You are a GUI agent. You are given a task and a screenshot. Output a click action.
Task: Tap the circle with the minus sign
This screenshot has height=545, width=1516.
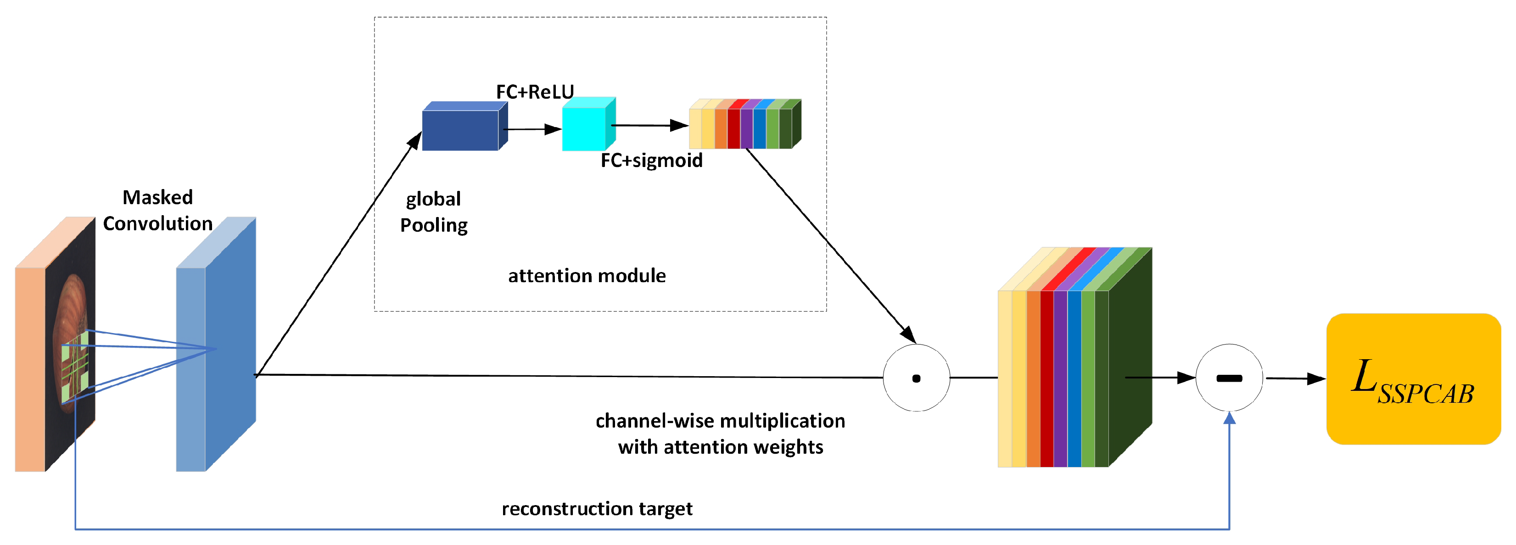[1229, 378]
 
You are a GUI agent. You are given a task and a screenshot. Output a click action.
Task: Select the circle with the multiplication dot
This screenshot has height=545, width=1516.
[916, 378]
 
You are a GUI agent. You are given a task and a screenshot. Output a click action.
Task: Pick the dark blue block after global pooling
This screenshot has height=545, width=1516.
[460, 130]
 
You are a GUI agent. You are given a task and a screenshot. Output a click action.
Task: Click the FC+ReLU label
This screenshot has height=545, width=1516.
[534, 92]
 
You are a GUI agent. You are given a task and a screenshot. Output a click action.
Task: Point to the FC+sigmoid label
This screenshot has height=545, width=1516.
[651, 161]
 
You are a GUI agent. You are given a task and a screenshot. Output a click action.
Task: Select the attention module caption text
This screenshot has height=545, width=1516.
[587, 276]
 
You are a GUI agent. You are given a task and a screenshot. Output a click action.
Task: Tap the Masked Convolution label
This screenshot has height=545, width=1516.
[158, 211]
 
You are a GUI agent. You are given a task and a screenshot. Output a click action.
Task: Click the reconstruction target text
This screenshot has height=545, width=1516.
[597, 509]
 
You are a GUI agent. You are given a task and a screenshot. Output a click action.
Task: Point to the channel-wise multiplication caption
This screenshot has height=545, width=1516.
[720, 434]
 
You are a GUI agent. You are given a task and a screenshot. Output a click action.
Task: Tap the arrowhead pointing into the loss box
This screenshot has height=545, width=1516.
[1316, 378]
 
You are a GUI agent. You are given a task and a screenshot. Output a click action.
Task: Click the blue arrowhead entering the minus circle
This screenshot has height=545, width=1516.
[1229, 418]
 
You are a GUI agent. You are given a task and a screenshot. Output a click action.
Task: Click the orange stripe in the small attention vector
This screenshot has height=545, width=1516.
[721, 128]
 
